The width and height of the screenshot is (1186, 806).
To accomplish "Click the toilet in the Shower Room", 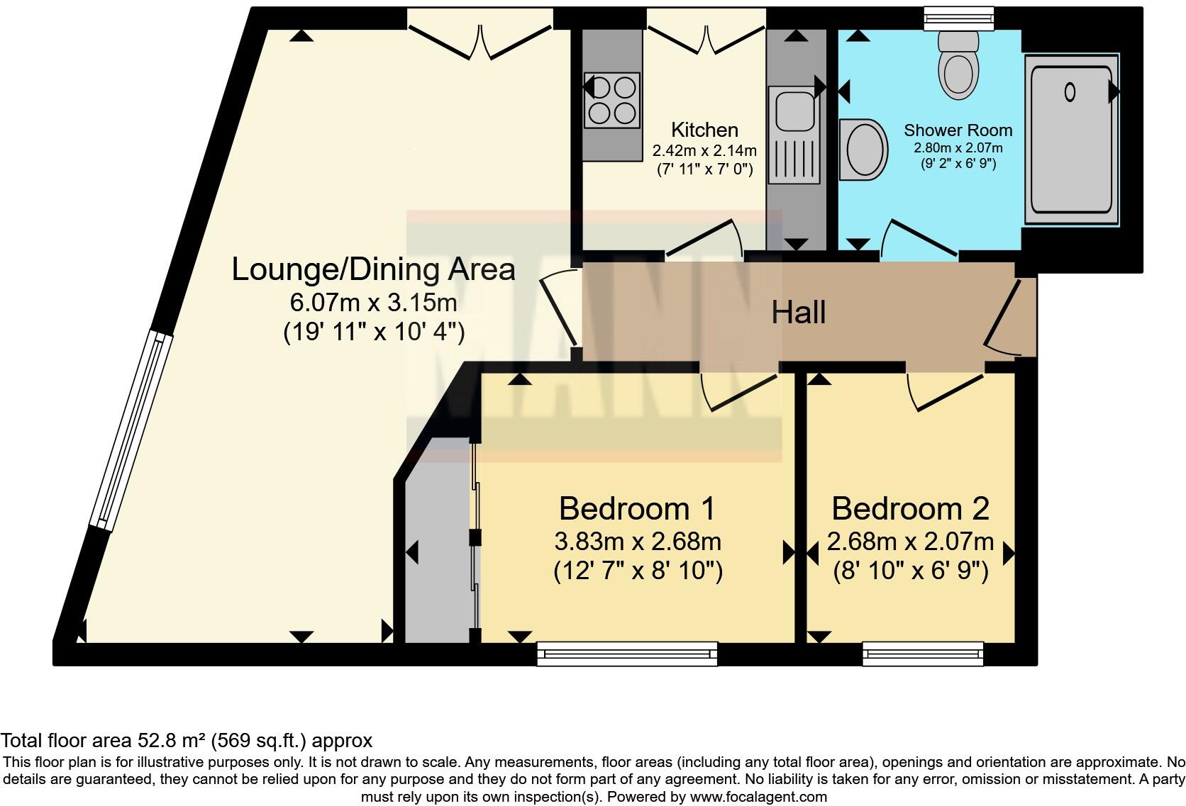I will pyautogui.click(x=958, y=64).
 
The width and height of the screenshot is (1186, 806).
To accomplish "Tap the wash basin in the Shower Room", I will pyautogui.click(x=863, y=150).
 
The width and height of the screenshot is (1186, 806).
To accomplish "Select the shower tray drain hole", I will pyautogui.click(x=1070, y=91).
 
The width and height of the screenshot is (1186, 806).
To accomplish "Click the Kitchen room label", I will pyautogui.click(x=704, y=130).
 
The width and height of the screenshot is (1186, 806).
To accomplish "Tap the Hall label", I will pyautogui.click(x=799, y=313).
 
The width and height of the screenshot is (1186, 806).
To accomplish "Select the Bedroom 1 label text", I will pyautogui.click(x=637, y=508).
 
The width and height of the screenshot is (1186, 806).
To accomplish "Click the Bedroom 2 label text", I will pyautogui.click(x=910, y=508).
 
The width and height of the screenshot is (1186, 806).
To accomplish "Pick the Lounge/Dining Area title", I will pyautogui.click(x=374, y=269).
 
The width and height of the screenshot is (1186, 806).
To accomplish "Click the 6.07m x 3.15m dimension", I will pyautogui.click(x=374, y=303).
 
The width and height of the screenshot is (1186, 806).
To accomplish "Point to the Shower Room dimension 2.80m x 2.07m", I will pyautogui.click(x=958, y=148).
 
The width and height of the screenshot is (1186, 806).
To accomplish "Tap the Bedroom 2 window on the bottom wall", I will pyautogui.click(x=923, y=654).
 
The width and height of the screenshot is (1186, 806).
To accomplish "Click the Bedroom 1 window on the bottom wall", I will pyautogui.click(x=627, y=654).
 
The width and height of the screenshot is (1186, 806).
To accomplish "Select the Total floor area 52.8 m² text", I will pyautogui.click(x=187, y=741).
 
